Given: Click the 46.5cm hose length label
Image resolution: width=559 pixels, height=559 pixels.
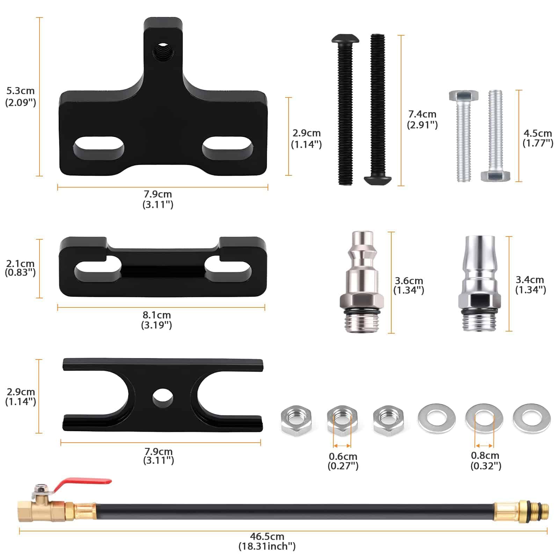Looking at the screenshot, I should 267,541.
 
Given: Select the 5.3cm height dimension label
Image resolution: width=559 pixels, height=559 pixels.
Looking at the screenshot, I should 21,96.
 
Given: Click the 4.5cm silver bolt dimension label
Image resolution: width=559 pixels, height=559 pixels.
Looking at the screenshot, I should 538,138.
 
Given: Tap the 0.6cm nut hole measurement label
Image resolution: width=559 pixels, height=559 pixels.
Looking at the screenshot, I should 343,461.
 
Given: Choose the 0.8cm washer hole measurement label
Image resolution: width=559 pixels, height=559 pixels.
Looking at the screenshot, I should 485,460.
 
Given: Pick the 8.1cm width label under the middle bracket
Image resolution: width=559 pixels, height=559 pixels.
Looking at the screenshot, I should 157,320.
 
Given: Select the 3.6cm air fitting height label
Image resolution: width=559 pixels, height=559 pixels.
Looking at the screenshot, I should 408,285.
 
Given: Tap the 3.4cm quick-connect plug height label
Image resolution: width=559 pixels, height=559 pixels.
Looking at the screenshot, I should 530,285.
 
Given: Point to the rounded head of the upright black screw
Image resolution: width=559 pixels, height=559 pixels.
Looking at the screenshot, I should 345,39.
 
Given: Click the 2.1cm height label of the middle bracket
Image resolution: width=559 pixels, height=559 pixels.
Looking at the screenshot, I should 20,268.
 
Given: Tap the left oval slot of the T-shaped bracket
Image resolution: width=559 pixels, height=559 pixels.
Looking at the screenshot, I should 99,147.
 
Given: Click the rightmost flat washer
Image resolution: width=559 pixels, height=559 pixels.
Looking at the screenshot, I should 531,419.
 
